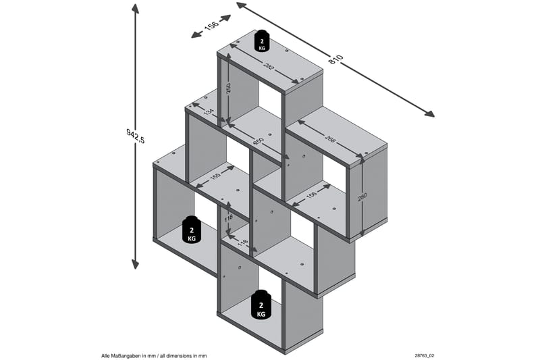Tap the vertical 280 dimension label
click(362, 197)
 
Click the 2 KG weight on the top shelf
click(261, 42)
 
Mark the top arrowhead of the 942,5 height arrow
click(136, 9)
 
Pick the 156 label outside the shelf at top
click(211, 25)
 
